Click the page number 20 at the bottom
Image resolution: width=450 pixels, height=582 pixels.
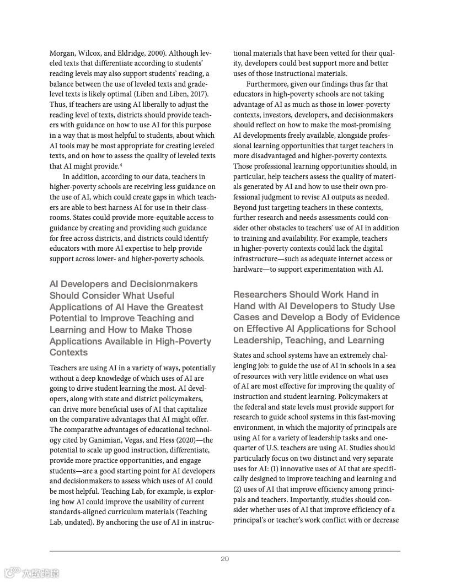[x=225, y=559]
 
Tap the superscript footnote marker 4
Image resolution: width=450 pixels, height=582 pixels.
[x=120, y=165]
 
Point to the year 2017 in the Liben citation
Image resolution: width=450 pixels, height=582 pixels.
[x=197, y=94]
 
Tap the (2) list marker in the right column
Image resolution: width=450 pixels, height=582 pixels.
[x=238, y=489]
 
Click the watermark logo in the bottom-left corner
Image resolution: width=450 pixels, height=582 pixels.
[x=31, y=573]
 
